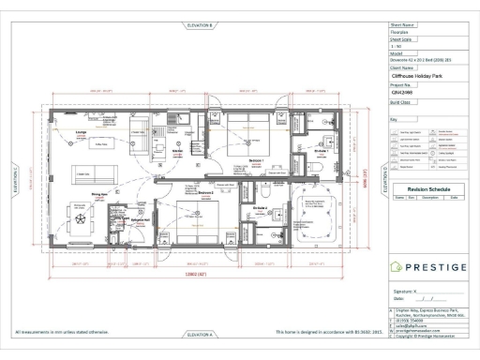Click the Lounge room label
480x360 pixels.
point(70,134)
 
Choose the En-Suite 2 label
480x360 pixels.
point(262,207)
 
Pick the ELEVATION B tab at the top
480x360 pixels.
point(201,24)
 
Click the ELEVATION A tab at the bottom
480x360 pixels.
point(201,334)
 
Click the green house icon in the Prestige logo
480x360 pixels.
point(397,268)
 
